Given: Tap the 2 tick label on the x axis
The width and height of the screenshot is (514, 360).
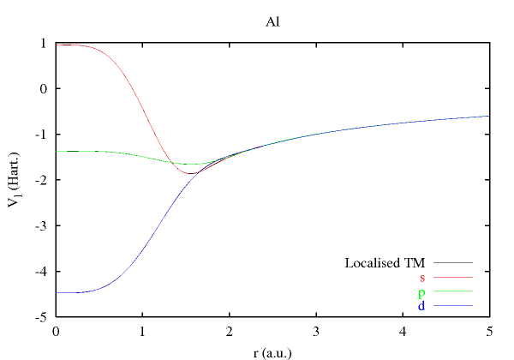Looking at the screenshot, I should pos(230,330).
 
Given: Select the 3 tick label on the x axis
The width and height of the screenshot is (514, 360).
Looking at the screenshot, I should pos(316,330).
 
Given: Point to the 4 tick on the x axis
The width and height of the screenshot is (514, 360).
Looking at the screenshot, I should pos(403,330).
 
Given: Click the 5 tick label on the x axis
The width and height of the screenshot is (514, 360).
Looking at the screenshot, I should pos(489,330).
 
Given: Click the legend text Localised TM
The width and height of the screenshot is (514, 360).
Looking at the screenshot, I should pos(385,262).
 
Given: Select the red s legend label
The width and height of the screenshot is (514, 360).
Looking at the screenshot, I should pos(422,277).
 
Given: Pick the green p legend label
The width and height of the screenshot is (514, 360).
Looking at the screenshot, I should pos(422,291).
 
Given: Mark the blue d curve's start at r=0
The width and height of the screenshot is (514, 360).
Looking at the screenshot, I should pos(57,292).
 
